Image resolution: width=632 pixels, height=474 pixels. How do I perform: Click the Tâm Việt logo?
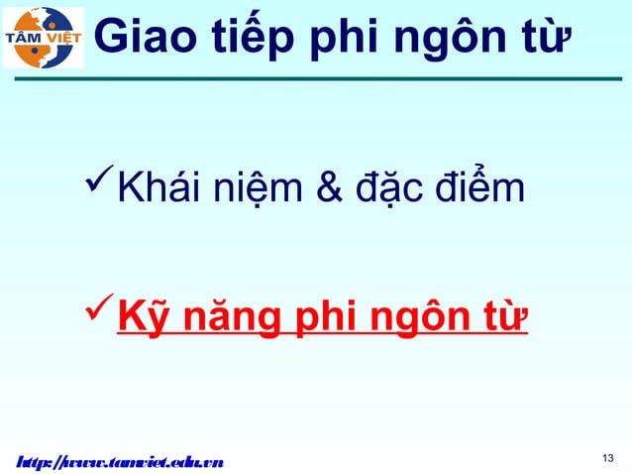[44, 37]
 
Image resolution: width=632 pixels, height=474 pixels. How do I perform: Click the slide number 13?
[608, 457]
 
